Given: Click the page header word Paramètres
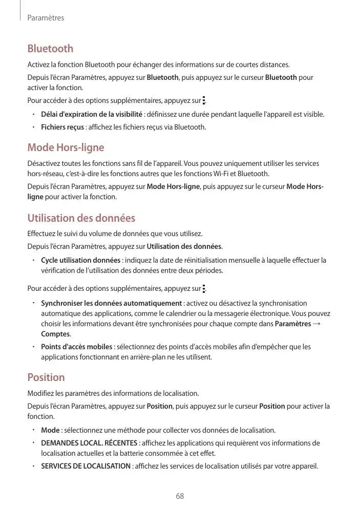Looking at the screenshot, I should [46, 18].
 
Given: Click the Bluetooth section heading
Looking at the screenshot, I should [50, 49].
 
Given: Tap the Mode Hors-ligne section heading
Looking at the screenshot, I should [66, 148].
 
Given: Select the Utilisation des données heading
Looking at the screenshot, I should [81, 219].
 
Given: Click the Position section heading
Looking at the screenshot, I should [46, 378].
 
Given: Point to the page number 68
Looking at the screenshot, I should [180, 496].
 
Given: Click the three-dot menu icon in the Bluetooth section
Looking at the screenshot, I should [204, 101].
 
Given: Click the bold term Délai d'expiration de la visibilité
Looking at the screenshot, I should [92, 114].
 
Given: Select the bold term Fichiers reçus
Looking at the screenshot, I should [62, 127].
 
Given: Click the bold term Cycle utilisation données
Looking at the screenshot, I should [81, 261].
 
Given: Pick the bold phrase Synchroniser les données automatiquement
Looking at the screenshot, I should [111, 304].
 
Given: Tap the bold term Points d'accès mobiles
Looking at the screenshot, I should [77, 347].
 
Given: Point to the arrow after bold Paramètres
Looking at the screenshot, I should [316, 324].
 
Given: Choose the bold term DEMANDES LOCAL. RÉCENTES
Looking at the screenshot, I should [89, 443].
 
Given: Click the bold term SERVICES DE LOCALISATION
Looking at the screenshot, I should [86, 466].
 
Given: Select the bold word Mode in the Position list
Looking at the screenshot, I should [50, 430].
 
